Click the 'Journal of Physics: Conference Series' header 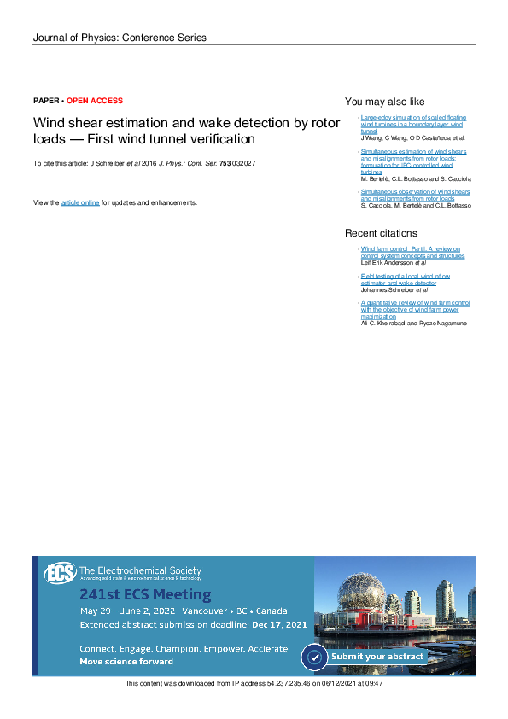pyautogui.click(x=119, y=38)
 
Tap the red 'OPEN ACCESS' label pyautogui.click(x=95, y=101)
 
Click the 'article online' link pyautogui.click(x=80, y=202)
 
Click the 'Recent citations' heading pyautogui.click(x=381, y=233)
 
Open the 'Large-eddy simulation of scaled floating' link pyautogui.click(x=413, y=117)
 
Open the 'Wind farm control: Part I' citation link pyautogui.click(x=411, y=248)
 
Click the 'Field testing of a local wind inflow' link pyautogui.click(x=406, y=276)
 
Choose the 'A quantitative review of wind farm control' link pyautogui.click(x=415, y=303)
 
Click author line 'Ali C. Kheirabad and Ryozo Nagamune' pyautogui.click(x=414, y=324)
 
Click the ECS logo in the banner pyautogui.click(x=60, y=573)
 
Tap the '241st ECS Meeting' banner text pyautogui.click(x=145, y=594)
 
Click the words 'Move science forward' pyautogui.click(x=126, y=661)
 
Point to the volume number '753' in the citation pyautogui.click(x=225, y=162)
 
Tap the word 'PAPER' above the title pyautogui.click(x=46, y=101)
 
